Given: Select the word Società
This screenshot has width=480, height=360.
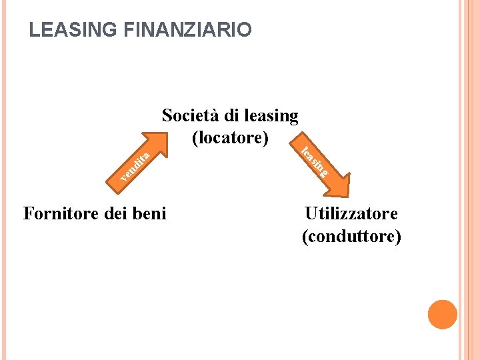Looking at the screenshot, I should (191, 115).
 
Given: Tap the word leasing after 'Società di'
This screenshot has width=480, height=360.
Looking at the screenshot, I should (271, 117).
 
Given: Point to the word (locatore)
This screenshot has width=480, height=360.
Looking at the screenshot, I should (230, 138).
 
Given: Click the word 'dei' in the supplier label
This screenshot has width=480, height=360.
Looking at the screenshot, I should (118, 213).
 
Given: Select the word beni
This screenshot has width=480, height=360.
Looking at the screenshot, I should (151, 213).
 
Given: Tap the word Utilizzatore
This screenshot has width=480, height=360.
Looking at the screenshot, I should (351, 213).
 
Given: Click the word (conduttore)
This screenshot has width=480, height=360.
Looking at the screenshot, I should (351, 236).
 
